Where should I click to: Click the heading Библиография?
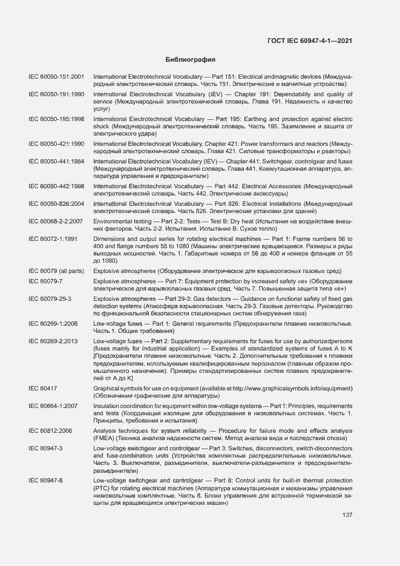coord(191,60)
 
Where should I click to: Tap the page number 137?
coord(347,515)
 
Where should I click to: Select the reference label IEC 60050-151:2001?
coord(56,77)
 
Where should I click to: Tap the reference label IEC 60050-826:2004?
coord(56,204)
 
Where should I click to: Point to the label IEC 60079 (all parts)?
coord(56,271)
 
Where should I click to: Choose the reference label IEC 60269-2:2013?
coord(53,342)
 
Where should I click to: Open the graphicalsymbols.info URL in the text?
coord(284,387)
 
